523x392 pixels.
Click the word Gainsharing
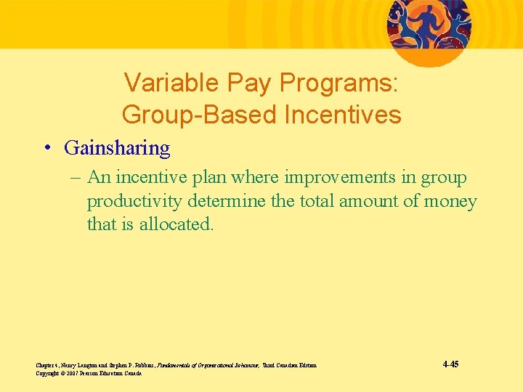[x=117, y=148]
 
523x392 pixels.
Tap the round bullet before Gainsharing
[x=46, y=148]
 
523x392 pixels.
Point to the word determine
[x=224, y=201]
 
